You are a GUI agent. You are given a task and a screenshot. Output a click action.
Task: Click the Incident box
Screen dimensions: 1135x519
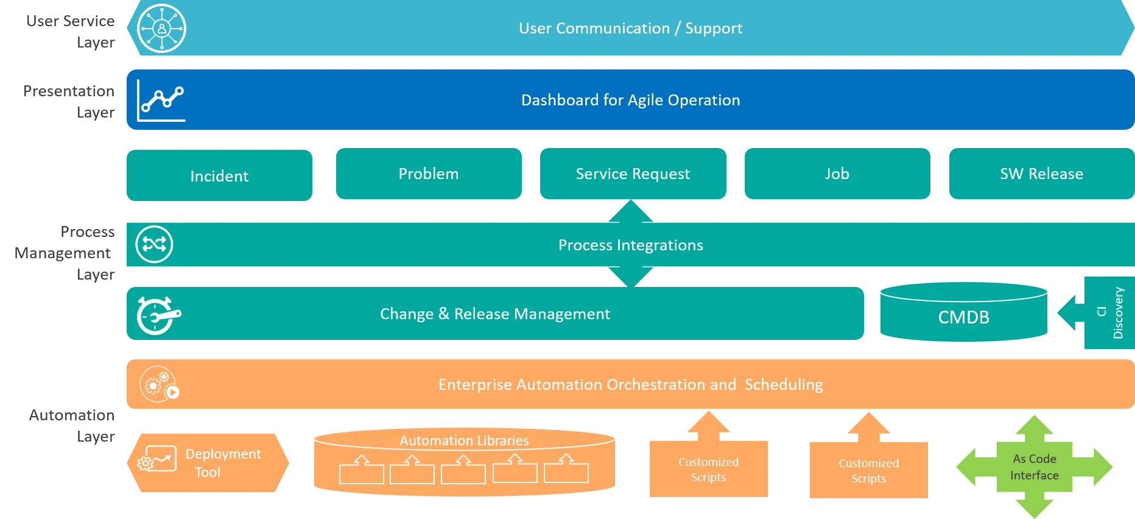coord(219,175)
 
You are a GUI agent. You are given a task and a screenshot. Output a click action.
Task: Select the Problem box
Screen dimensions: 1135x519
coord(429,174)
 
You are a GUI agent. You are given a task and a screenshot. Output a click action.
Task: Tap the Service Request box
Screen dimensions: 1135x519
coord(633,174)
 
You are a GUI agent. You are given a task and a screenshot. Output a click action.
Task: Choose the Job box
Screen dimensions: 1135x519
coord(837,174)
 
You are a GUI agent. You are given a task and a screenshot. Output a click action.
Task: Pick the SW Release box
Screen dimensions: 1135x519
coord(1042,174)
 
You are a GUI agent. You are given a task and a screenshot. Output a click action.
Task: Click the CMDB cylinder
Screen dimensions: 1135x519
coord(964,312)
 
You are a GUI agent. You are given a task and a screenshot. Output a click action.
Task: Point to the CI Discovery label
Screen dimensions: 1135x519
coord(1110,312)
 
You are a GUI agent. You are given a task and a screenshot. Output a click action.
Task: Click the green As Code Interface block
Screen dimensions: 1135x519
coord(1035,467)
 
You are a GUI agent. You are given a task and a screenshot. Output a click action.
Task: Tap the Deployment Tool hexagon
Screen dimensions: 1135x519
coord(208,463)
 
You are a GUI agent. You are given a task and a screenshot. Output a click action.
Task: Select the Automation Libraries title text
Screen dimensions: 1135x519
coord(464,440)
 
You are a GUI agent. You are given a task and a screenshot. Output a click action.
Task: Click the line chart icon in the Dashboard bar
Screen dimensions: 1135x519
coord(161,100)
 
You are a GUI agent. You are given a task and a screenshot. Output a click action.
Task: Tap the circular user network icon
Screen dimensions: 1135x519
coord(161,28)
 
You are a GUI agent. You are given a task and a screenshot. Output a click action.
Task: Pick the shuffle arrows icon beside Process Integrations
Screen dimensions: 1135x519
coord(154,244)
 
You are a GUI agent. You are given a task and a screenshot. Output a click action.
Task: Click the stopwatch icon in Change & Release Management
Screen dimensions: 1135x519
coord(158,315)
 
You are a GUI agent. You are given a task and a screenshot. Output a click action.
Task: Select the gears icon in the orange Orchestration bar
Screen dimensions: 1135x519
coord(159,384)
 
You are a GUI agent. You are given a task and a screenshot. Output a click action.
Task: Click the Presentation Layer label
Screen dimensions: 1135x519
coord(69,102)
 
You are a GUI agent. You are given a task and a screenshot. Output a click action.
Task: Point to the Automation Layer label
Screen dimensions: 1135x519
coord(72,426)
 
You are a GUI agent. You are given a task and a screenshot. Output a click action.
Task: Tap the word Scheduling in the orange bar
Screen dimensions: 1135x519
coord(784,385)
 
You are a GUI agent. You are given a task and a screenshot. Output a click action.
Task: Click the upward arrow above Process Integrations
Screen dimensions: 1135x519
coord(631,211)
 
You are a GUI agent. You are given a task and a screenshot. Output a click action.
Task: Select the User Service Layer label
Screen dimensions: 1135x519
coord(71,32)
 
